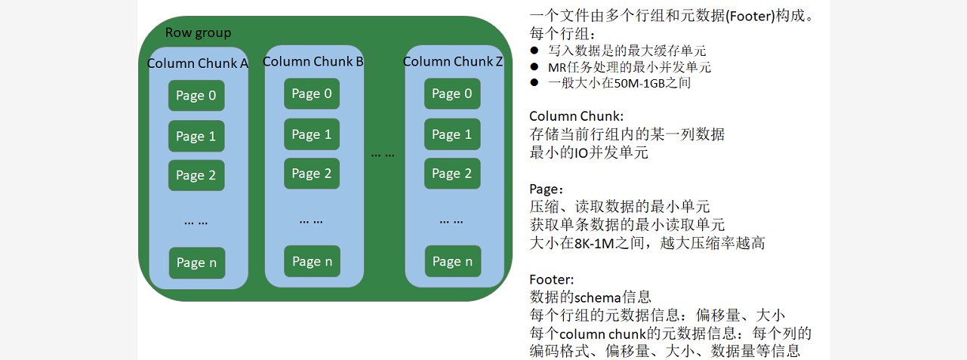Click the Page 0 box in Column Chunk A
coord(196,96)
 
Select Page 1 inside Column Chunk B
coord(312,134)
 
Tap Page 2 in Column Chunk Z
coord(452,174)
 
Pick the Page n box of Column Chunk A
coord(196,263)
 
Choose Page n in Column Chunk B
coord(312,261)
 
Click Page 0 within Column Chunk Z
coord(452,94)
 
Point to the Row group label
coord(198,32)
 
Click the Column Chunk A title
coord(197,63)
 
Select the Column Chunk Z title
coord(453,62)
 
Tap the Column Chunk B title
coord(313,61)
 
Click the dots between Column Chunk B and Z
coord(383,154)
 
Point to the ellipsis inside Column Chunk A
coord(196,222)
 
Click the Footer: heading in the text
coord(552,279)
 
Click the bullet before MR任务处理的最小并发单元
coord(534,67)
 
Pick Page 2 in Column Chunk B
coord(312,174)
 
